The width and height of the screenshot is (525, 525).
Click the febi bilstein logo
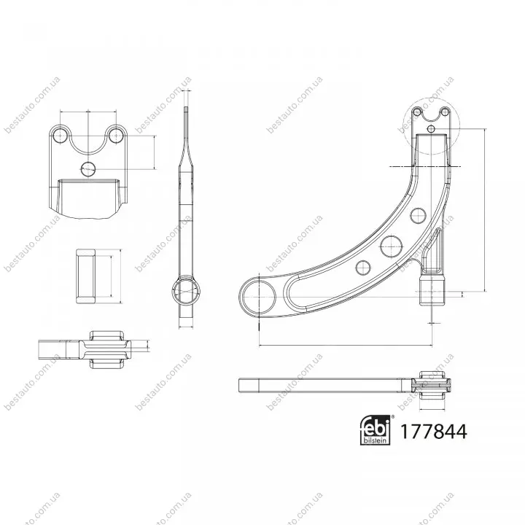(x=375, y=430)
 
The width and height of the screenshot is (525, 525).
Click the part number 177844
(x=433, y=431)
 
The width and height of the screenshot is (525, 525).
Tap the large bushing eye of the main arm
(x=258, y=297)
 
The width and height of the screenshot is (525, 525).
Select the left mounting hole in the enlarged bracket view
(x=61, y=136)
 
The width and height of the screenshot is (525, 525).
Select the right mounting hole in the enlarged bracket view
(x=116, y=136)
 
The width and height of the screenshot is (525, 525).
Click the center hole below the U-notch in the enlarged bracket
(x=88, y=168)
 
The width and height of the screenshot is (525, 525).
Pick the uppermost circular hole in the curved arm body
(x=419, y=215)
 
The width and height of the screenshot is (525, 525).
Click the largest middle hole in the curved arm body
(x=391, y=246)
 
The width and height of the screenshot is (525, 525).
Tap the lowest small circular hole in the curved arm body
(x=362, y=268)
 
